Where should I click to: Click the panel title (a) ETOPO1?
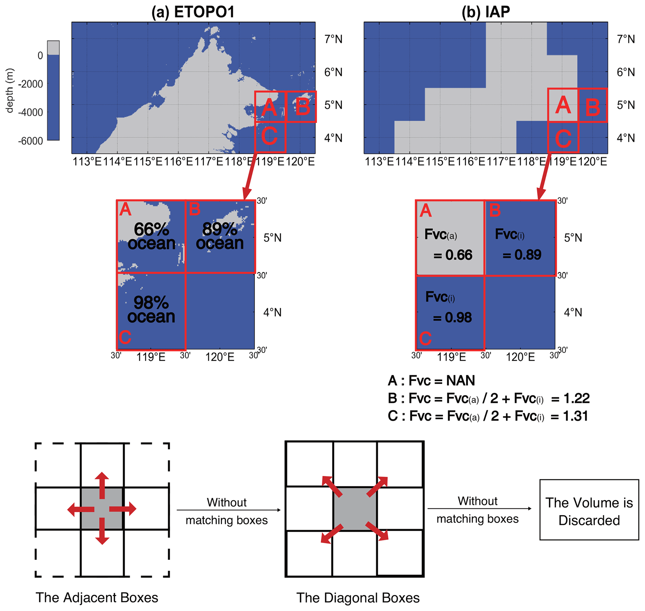pyautogui.click(x=193, y=12)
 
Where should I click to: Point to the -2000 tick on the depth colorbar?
pyautogui.click(x=31, y=84)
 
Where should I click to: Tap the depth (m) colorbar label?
pyautogui.click(x=10, y=90)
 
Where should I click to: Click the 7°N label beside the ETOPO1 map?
pyautogui.click(x=333, y=39)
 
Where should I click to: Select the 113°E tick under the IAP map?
pyautogui.click(x=379, y=162)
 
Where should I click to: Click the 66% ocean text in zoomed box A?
pyautogui.click(x=151, y=237)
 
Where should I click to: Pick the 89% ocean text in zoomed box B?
pyautogui.click(x=220, y=236)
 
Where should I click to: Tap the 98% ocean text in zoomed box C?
pyautogui.click(x=151, y=310)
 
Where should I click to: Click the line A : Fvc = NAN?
pyautogui.click(x=431, y=380)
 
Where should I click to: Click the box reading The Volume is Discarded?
pyautogui.click(x=589, y=511)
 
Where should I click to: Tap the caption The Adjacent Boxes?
pyautogui.click(x=97, y=598)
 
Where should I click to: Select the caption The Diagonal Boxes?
pyautogui.click(x=358, y=598)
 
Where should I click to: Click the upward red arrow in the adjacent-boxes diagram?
pyautogui.click(x=102, y=485)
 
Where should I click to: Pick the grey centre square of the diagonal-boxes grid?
pyautogui.click(x=355, y=509)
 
